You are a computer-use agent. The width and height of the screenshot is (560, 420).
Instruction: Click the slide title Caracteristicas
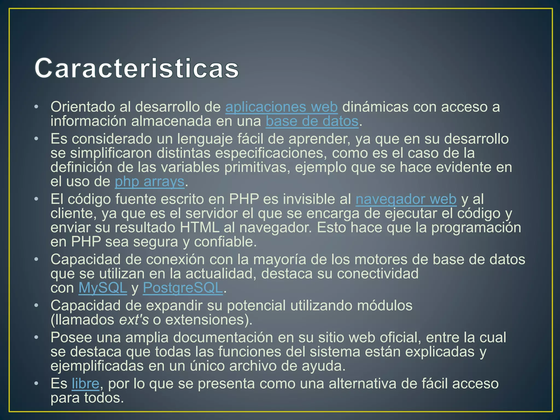click(x=137, y=68)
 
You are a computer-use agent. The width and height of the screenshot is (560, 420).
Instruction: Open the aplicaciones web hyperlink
click(x=281, y=107)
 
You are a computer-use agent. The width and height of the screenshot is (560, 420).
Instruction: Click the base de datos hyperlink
click(x=312, y=121)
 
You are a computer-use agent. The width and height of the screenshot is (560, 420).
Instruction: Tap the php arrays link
click(x=150, y=182)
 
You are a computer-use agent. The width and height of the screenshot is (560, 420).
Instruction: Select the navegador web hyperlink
click(x=406, y=199)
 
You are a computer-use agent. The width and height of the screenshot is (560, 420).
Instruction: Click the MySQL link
click(x=103, y=288)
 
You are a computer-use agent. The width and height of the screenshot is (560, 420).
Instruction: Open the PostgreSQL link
click(x=183, y=288)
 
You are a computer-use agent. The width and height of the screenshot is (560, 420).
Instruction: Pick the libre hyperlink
click(x=85, y=383)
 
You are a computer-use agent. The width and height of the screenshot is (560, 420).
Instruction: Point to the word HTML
click(x=199, y=227)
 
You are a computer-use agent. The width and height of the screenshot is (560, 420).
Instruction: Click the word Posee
click(x=71, y=337)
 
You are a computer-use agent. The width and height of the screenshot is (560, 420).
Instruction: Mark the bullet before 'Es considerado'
click(x=36, y=139)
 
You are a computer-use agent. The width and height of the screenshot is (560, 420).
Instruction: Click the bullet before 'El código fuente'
click(x=36, y=199)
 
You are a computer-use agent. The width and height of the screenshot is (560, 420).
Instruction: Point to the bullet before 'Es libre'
click(x=36, y=383)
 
